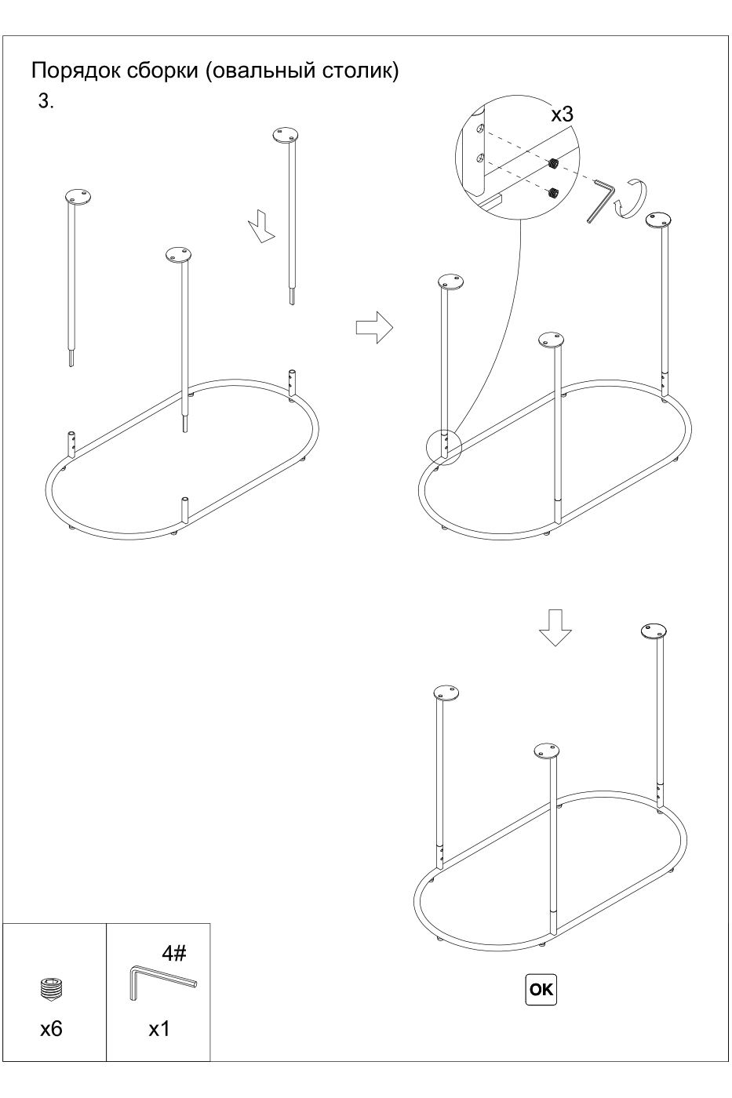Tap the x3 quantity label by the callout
click(x=562, y=115)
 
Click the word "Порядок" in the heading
click(x=76, y=71)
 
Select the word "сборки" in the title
click(x=162, y=71)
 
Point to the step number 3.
click(x=46, y=101)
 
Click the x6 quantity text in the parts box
click(x=52, y=1024)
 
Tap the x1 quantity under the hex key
click(x=159, y=1025)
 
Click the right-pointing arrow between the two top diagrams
click(x=374, y=327)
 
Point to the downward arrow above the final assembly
click(x=555, y=627)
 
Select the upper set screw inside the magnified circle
click(x=554, y=163)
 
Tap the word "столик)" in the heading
click(x=360, y=71)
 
